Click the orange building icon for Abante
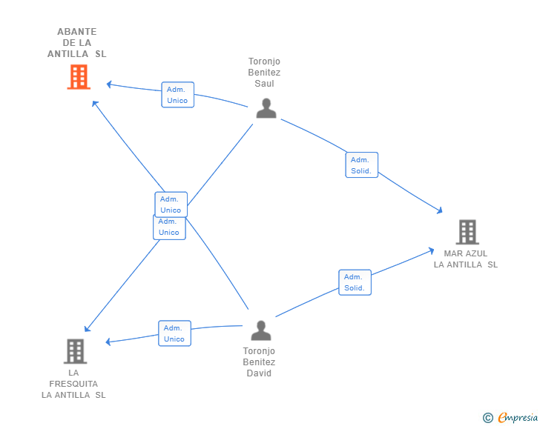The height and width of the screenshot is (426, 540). coord(79,77)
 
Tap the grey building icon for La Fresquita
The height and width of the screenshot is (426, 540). coord(75,351)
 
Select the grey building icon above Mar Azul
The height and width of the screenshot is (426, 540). coord(467,232)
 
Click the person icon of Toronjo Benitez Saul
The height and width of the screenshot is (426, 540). coord(266,108)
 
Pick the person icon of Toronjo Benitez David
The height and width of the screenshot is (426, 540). coord(261,330)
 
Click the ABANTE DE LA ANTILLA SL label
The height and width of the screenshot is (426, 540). coord(77,43)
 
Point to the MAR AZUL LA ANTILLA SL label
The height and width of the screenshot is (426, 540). coord(466,259)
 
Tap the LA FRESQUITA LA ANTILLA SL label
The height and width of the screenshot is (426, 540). coord(73,384)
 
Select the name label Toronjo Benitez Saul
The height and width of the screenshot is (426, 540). coord(264,73)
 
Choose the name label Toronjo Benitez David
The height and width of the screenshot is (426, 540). coord(259,362)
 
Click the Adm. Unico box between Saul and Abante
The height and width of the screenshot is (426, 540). coord(178,95)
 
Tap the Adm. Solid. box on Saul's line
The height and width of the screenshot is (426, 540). coord(362,164)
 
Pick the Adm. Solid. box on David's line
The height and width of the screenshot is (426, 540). coord(355,282)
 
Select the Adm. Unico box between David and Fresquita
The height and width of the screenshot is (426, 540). coord(174,333)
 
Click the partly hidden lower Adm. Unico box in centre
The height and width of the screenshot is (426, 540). coord(169,228)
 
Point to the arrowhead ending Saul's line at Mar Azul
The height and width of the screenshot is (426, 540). coord(439,210)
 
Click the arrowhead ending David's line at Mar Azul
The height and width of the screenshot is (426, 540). coord(431,251)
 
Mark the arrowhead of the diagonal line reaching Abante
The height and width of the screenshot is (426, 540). coord(95,104)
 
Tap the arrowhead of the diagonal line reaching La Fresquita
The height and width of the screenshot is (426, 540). coord(88,329)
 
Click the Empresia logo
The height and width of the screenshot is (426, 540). coord(510,417)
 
